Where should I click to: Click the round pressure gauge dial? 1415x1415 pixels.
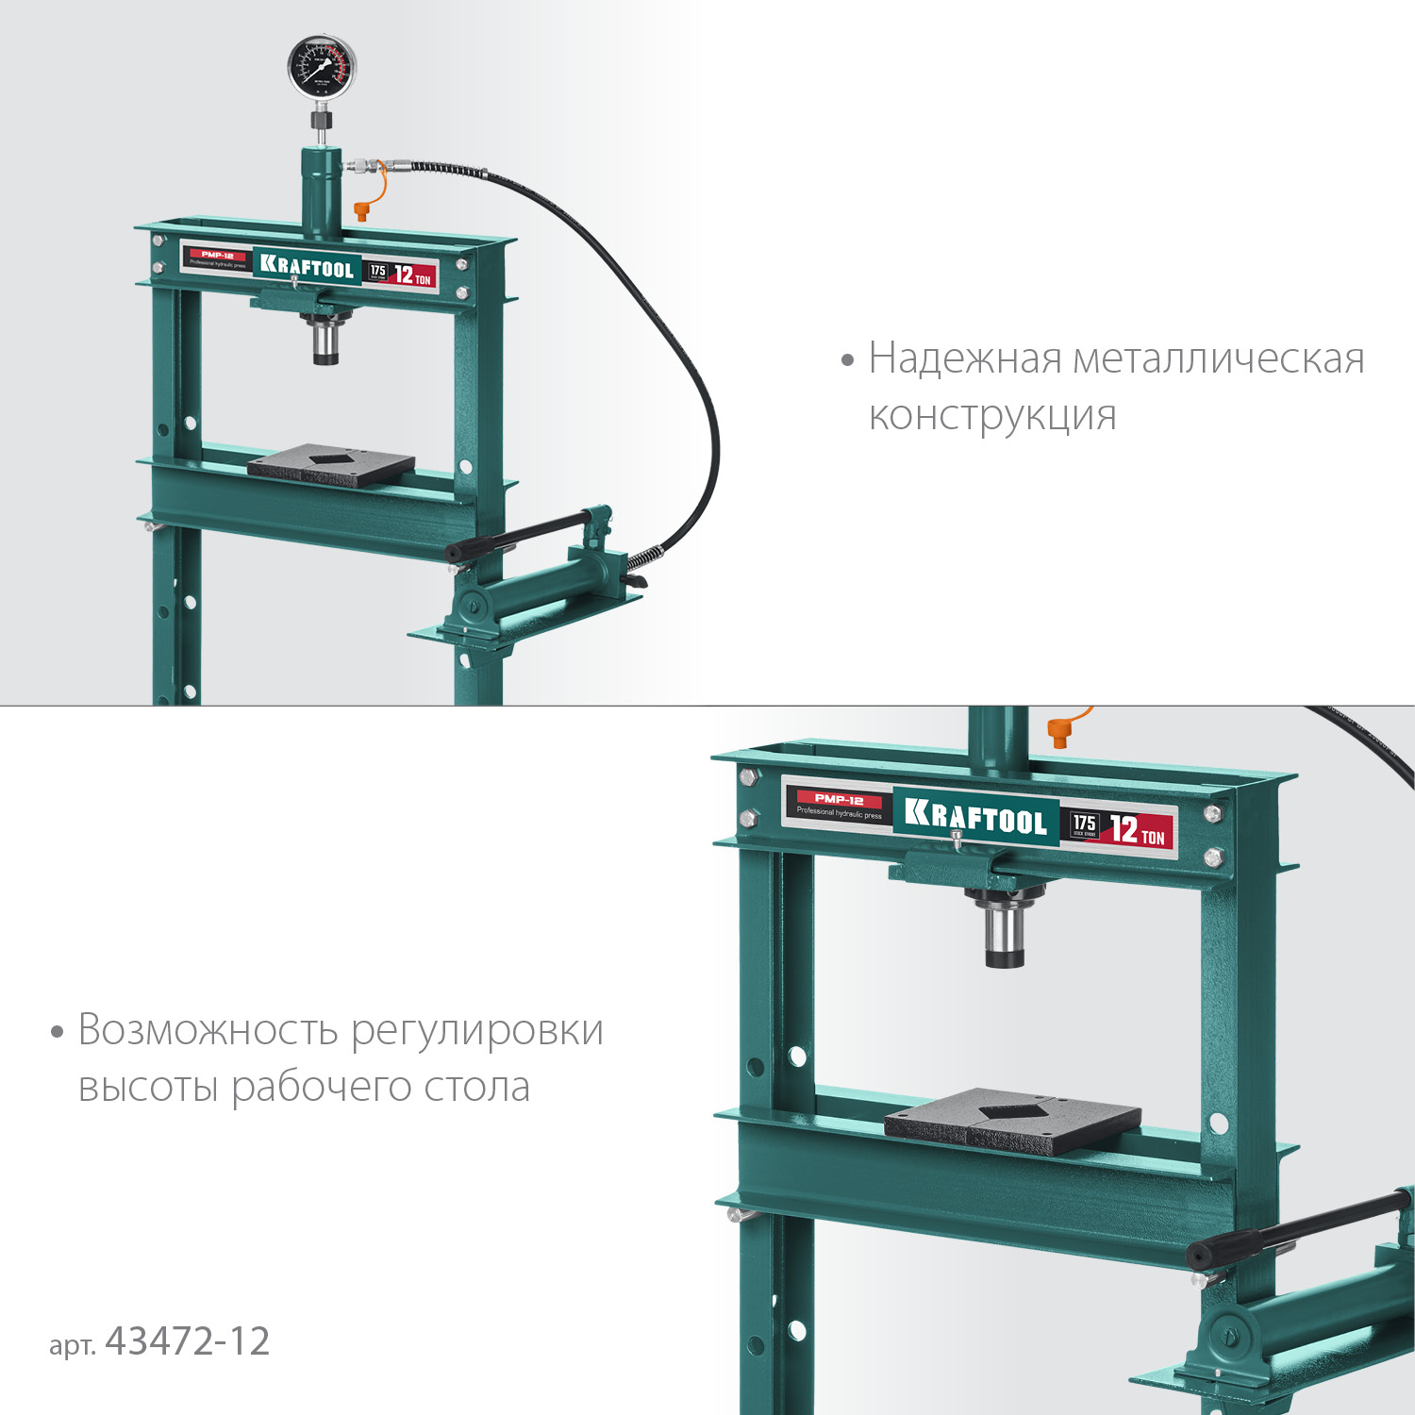coord(322,68)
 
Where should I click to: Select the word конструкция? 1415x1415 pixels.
coord(992,416)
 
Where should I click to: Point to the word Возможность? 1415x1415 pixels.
coord(208,1030)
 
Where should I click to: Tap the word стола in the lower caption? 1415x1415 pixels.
coord(476,1087)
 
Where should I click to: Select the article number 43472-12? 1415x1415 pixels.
coord(188,1341)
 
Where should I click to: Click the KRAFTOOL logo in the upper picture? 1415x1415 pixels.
coord(307,267)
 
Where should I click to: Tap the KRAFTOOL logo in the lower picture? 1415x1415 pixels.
coord(975,817)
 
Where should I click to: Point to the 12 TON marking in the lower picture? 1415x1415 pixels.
coord(1137,831)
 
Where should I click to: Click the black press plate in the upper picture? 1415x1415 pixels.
coord(331,465)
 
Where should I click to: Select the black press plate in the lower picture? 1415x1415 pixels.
coord(1012,1121)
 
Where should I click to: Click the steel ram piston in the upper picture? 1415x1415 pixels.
coord(325,341)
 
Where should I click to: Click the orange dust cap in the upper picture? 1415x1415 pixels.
coord(360,211)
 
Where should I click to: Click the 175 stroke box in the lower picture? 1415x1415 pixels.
coord(1085,825)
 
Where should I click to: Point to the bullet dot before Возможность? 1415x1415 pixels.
coord(58,1032)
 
